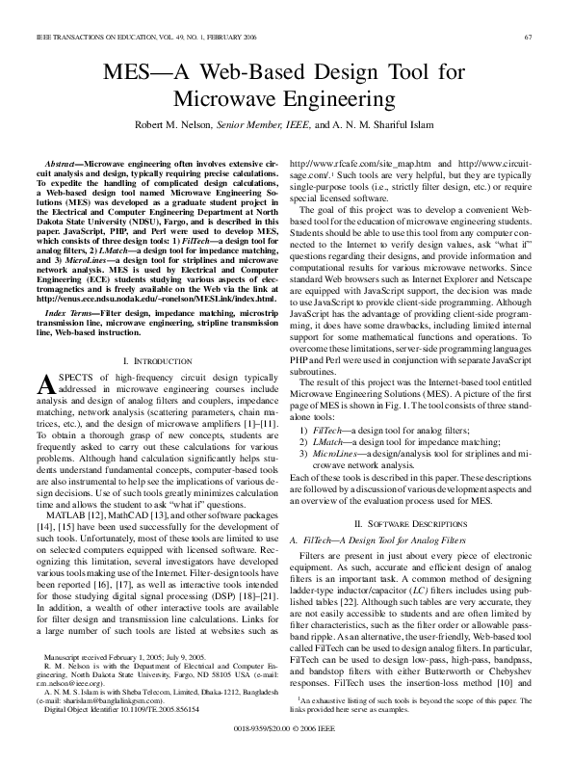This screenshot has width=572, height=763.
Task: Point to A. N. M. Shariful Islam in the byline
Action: point(390,124)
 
